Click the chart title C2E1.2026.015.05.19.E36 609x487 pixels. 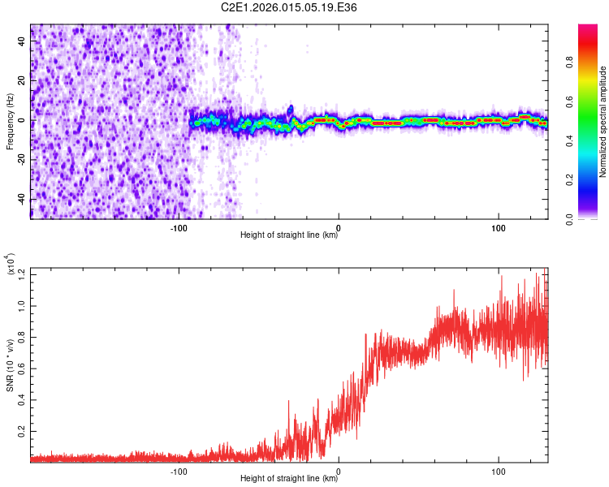click(290, 7)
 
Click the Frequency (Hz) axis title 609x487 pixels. click(11, 121)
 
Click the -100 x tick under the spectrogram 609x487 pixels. click(179, 227)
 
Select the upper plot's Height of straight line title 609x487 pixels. click(289, 235)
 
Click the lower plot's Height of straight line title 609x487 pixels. click(289, 479)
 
